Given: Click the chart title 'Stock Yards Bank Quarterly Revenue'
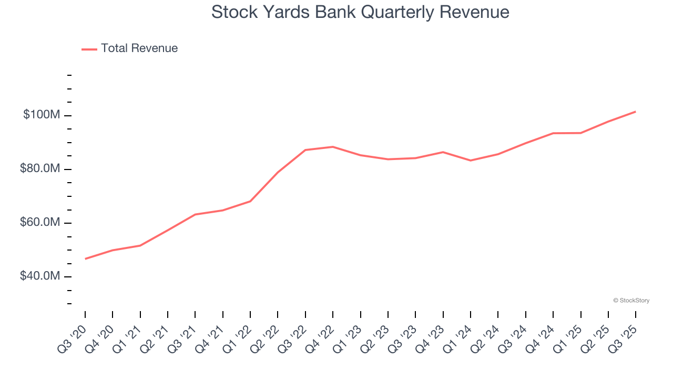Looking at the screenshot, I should tap(360, 12).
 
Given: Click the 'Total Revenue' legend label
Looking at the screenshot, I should tap(139, 48).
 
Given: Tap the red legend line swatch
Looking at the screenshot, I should tap(89, 49).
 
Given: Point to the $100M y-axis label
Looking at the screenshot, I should tap(41, 115).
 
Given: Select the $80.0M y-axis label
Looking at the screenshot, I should tap(39, 169).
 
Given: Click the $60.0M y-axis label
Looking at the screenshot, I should tap(39, 223).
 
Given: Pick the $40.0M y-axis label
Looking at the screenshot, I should tap(39, 276).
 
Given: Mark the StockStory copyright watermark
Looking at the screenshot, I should tap(631, 301).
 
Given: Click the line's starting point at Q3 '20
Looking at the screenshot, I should tap(85, 258).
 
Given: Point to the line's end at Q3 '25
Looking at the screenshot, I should tap(636, 112).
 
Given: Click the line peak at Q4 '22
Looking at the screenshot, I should tap(333, 147).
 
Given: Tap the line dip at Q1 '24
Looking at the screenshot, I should tap(471, 161).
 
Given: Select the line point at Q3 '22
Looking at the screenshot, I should tap(305, 150).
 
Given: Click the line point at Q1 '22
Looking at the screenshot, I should tap(250, 201).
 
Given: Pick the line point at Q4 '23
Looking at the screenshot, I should tap(443, 152).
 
